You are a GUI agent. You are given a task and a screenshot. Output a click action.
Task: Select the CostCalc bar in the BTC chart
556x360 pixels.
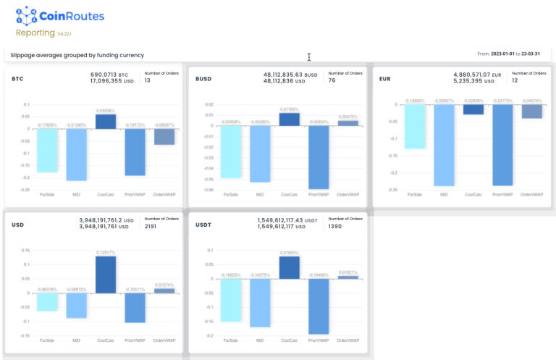(x=106, y=122)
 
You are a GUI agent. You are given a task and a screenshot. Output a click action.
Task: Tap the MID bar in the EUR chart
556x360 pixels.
(x=445, y=145)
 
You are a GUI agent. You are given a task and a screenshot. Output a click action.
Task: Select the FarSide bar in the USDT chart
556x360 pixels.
(x=231, y=300)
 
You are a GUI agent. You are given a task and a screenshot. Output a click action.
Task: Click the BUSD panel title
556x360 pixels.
(x=203, y=79)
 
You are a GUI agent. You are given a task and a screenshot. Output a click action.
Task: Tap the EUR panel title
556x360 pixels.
(x=384, y=79)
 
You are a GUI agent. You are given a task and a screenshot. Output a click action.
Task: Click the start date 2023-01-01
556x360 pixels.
(x=505, y=54)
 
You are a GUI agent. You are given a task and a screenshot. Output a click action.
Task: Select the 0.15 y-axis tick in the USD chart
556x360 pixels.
(x=25, y=251)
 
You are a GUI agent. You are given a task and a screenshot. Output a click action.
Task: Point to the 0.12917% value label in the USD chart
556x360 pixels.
(x=106, y=252)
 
